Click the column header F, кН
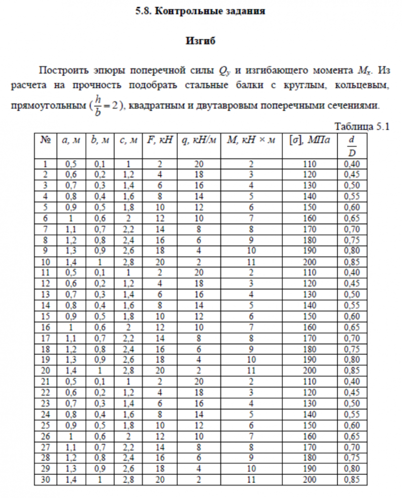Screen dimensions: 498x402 [159, 140]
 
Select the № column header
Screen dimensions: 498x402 [46, 140]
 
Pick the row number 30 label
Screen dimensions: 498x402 [46, 480]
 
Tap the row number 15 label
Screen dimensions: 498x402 [46, 317]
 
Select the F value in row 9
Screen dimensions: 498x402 [159, 250]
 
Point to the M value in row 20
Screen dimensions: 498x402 [251, 372]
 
